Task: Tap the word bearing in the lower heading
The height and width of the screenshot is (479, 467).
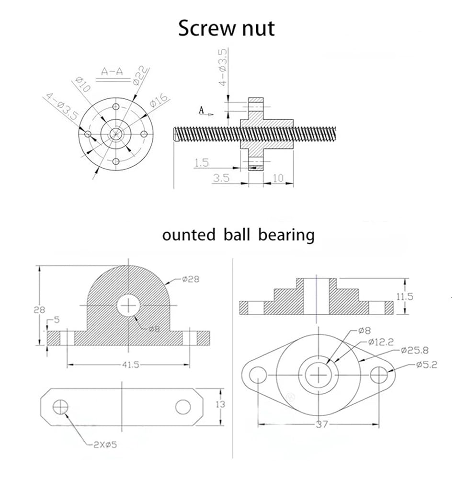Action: pyautogui.click(x=286, y=236)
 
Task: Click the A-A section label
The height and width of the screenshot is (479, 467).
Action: pyautogui.click(x=112, y=71)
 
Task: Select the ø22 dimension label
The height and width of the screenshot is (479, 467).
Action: pyautogui.click(x=140, y=76)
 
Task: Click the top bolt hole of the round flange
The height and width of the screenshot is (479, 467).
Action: pyautogui.click(x=116, y=107)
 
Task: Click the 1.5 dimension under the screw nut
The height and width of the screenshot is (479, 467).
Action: pyautogui.click(x=202, y=162)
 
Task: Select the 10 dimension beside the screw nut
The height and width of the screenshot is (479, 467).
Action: pyautogui.click(x=278, y=178)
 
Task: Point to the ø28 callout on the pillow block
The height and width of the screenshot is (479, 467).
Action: pyautogui.click(x=191, y=279)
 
